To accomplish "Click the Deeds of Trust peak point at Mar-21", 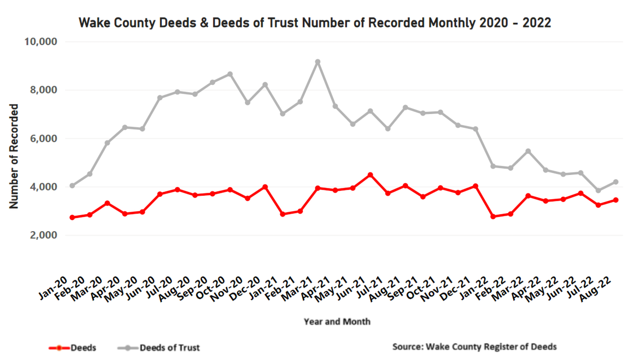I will click(x=317, y=62).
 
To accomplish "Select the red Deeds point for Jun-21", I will click(x=370, y=175).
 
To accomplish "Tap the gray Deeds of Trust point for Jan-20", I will click(x=72, y=186).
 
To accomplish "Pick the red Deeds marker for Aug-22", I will click(x=615, y=200).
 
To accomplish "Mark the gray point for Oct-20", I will click(x=230, y=74).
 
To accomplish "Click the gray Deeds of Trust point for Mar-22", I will click(x=528, y=151).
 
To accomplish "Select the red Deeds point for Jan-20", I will click(x=72, y=218).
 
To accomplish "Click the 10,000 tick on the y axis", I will click(x=41, y=42).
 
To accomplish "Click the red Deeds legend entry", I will click(x=73, y=347).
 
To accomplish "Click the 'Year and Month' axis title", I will click(x=337, y=321).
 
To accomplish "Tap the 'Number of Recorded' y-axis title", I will click(x=14, y=156).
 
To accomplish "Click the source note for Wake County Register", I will click(x=474, y=346).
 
